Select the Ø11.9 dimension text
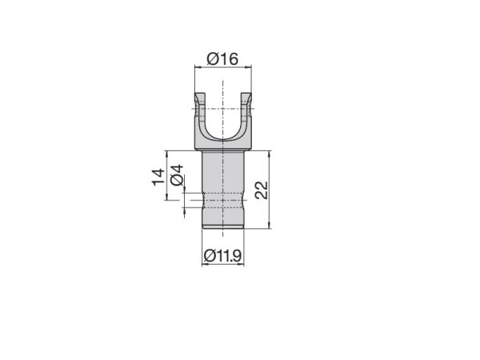pyautogui.click(x=223, y=255)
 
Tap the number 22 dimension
pyautogui.click(x=261, y=190)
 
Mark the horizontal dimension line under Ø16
pyautogui.click(x=223, y=69)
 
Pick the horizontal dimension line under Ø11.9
pyautogui.click(x=223, y=266)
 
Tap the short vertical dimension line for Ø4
pyautogui.click(x=185, y=199)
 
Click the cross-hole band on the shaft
pyautogui.click(x=222, y=199)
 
